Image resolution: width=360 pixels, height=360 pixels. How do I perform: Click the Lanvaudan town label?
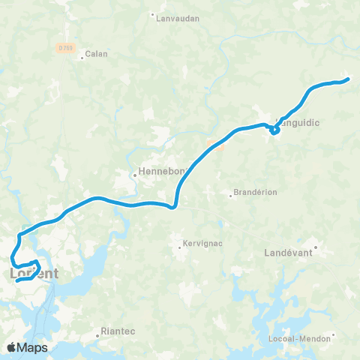(x=177, y=19)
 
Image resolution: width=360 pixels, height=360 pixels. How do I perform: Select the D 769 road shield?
(x=65, y=47)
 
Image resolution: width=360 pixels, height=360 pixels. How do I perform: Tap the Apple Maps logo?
(x=27, y=347)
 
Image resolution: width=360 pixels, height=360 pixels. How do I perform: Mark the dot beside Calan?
(x=83, y=55)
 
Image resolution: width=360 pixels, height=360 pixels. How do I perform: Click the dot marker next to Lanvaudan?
(x=153, y=14)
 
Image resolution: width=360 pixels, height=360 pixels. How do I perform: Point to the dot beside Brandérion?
(x=231, y=196)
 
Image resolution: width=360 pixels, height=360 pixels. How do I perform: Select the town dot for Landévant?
(x=316, y=246)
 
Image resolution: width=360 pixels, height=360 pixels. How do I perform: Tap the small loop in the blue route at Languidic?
(x=274, y=130)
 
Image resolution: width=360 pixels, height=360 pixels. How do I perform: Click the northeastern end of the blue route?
(x=347, y=79)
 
